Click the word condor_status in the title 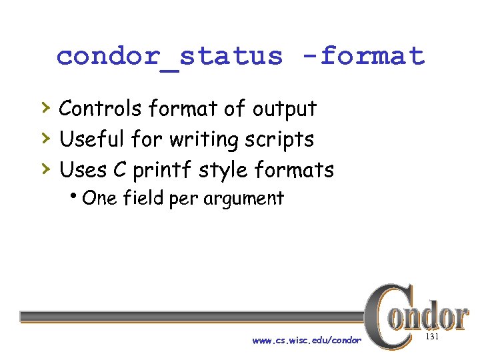(x=169, y=56)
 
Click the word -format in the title (x=372, y=56)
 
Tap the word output (x=283, y=109)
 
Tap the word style (x=224, y=171)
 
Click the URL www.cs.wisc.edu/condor (x=307, y=340)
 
